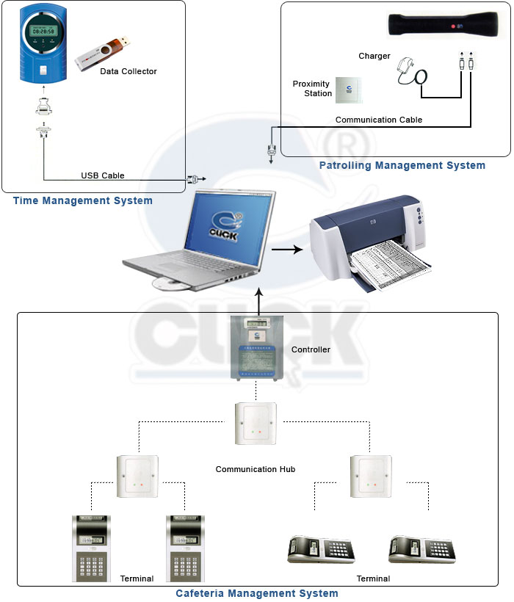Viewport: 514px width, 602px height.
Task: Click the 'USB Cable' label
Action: point(102,175)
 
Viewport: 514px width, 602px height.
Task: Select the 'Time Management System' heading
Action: point(83,200)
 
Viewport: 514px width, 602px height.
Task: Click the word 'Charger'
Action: point(374,56)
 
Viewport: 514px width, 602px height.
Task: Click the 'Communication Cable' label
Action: point(379,120)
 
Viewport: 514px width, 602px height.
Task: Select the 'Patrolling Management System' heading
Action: point(402,166)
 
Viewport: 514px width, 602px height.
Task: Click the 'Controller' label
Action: point(311,349)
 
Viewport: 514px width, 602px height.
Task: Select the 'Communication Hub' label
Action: point(256,469)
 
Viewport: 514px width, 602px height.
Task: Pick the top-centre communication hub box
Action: point(256,423)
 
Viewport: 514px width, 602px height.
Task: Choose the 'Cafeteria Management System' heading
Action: point(257,593)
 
